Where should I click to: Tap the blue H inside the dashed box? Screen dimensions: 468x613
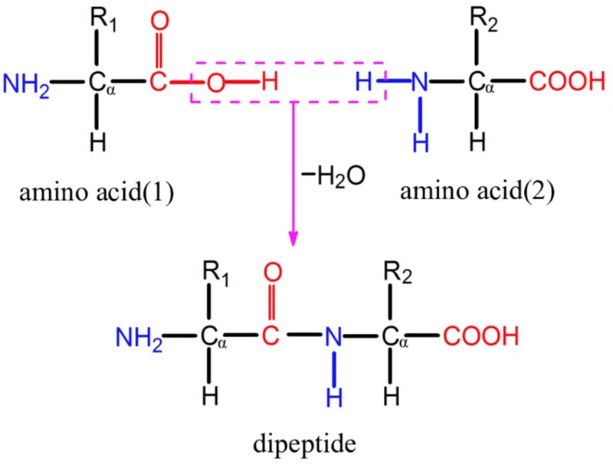(x=364, y=81)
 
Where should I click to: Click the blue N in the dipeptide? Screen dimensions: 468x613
(x=332, y=336)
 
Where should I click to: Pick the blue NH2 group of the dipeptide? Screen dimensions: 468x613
(x=139, y=336)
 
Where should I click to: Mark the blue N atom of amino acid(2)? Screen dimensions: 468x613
(x=418, y=82)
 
